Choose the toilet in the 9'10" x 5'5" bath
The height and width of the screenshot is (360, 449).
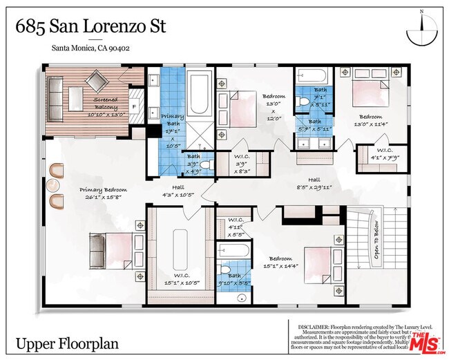click(224, 271)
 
